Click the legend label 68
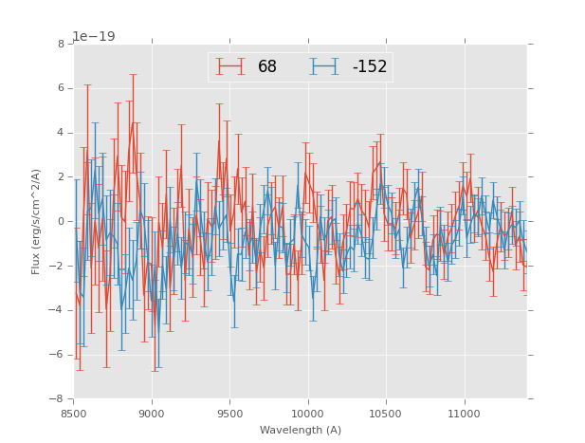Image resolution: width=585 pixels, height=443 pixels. click(x=267, y=66)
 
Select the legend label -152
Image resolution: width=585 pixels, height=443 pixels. click(x=370, y=66)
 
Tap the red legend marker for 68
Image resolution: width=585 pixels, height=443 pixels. click(x=230, y=66)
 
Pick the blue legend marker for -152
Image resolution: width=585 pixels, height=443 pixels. click(x=324, y=66)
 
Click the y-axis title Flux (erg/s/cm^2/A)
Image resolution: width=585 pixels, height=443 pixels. click(x=36, y=221)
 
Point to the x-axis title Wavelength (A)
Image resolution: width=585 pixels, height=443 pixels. click(x=301, y=430)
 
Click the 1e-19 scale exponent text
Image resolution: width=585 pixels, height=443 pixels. click(x=94, y=37)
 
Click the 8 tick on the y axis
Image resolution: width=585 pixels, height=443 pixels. click(x=61, y=44)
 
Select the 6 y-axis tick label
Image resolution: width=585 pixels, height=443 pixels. click(x=61, y=88)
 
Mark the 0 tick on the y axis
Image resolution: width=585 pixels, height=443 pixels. click(x=61, y=221)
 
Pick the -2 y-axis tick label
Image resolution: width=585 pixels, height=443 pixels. click(x=58, y=266)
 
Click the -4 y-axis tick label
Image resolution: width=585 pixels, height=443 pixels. click(x=58, y=310)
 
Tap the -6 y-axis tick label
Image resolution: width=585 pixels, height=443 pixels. click(x=58, y=355)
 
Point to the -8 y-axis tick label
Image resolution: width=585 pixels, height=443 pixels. click(x=58, y=398)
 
